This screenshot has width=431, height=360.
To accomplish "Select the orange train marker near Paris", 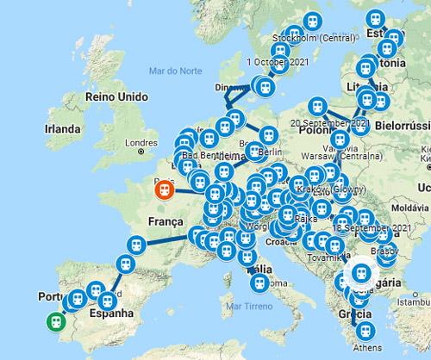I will pyautogui.click(x=163, y=190).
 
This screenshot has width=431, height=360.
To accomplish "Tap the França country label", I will pyautogui.click(x=167, y=222).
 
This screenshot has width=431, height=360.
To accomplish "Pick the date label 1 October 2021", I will pyautogui.click(x=275, y=62).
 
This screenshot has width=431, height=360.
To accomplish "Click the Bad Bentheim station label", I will pyautogui.click(x=203, y=156).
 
